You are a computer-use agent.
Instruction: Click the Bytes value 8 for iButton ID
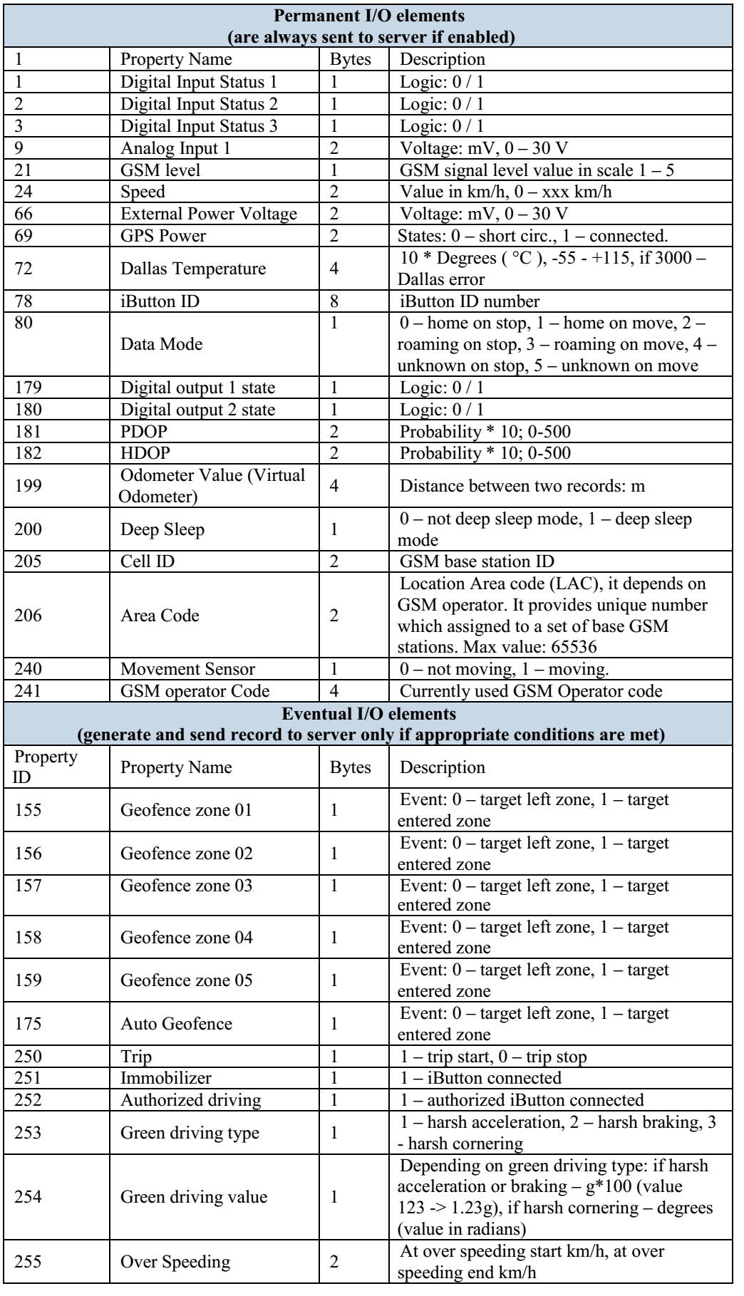tap(335, 301)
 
